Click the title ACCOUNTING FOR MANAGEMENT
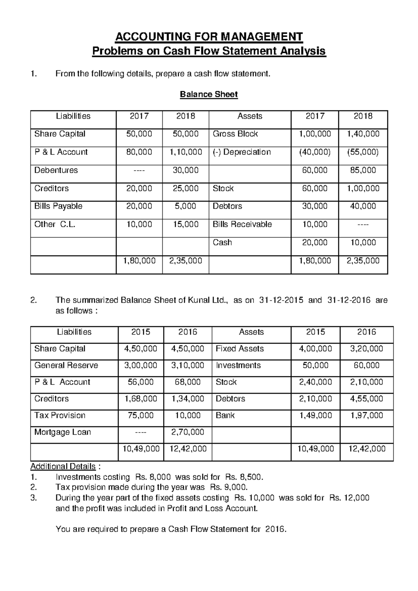tap(209, 37)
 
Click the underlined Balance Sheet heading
tap(209, 94)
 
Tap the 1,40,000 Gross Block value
tap(363, 134)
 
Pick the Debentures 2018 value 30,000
tap(186, 170)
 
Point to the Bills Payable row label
tap(58, 206)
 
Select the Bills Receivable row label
tap(242, 224)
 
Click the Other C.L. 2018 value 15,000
tap(186, 224)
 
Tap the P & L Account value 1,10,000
tap(186, 152)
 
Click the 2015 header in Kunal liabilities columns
tap(141, 332)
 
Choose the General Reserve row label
tap(66, 366)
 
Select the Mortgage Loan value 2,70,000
tap(188, 432)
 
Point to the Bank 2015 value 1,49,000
tap(315, 416)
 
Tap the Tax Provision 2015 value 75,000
tap(141, 416)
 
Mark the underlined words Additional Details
tap(63, 467)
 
